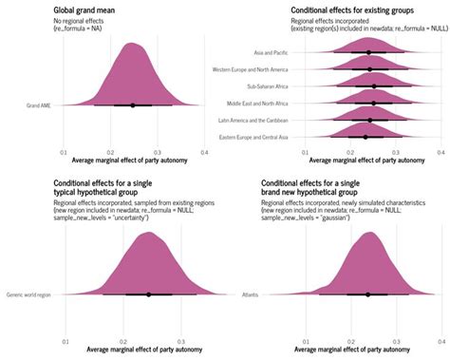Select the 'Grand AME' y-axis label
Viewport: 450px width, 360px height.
tap(41, 105)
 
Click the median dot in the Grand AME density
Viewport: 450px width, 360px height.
tap(132, 105)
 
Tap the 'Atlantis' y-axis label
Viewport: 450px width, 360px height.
tap(251, 294)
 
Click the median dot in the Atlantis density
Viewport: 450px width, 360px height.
tap(367, 294)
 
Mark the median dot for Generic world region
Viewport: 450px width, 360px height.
tap(148, 294)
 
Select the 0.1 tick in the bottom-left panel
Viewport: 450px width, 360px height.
tap(65, 338)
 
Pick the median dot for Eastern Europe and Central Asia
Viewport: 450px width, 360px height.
tap(366, 137)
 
